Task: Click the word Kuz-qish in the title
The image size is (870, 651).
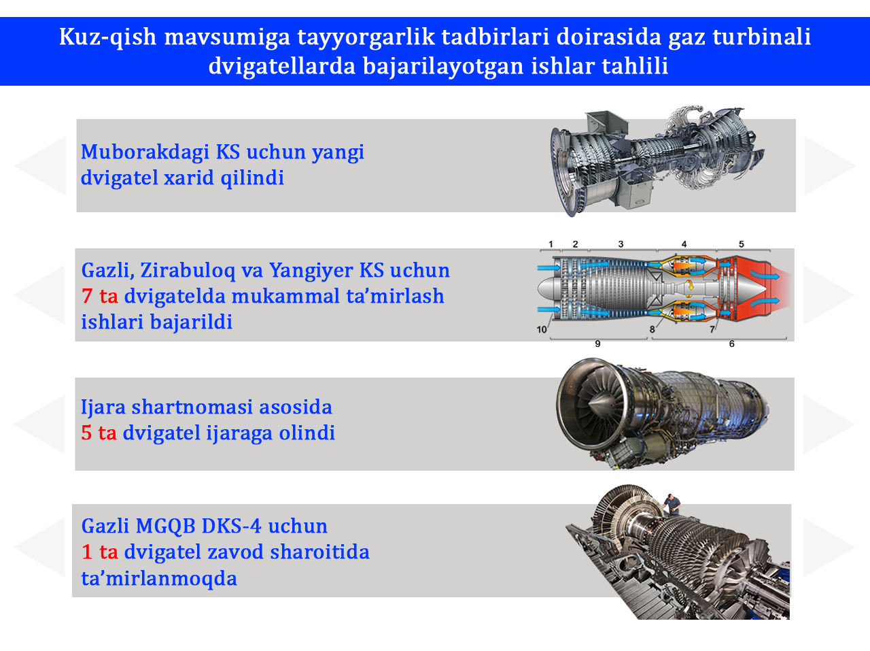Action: click(x=108, y=37)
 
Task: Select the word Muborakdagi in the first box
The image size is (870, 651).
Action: click(x=145, y=152)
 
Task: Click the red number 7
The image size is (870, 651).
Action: click(x=87, y=296)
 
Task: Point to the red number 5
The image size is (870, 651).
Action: click(x=86, y=433)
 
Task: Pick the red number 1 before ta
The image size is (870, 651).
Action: click(x=87, y=552)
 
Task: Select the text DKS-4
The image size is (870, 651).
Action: click(x=232, y=526)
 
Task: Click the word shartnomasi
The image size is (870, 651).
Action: click(x=192, y=407)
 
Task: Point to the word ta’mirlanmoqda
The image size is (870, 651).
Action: click(x=159, y=578)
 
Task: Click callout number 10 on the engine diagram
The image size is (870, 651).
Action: click(x=542, y=329)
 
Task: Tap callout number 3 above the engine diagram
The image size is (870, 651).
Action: click(x=621, y=244)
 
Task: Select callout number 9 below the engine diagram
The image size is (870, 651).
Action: click(x=597, y=344)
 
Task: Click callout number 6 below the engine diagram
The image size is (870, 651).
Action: click(x=731, y=344)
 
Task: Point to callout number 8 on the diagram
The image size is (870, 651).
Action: click(x=652, y=329)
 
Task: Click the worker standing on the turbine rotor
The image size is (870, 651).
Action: click(x=672, y=505)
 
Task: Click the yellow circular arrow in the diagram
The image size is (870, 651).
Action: click(x=690, y=285)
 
